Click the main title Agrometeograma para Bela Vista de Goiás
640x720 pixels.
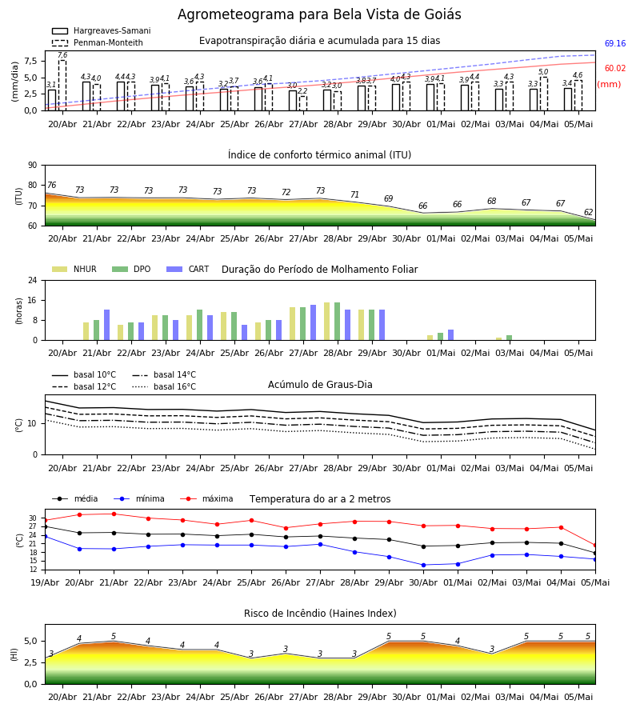319,14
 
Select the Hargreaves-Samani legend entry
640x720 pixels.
102,30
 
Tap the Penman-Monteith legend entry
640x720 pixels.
98,42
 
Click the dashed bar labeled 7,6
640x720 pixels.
62,86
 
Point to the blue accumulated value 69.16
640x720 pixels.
615,44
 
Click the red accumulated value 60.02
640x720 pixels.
615,69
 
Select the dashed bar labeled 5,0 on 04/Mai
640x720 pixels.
543,94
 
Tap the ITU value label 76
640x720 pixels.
52,185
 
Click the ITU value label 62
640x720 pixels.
588,212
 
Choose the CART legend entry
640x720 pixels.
188,269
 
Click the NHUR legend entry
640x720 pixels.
74,269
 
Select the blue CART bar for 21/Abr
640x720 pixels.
107,325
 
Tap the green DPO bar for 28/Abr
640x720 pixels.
338,322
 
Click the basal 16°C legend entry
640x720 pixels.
164,386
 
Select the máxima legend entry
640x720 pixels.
207,498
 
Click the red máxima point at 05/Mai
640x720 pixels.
595,546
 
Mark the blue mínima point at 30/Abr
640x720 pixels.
423,565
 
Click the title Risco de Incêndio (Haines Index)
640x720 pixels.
320,614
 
